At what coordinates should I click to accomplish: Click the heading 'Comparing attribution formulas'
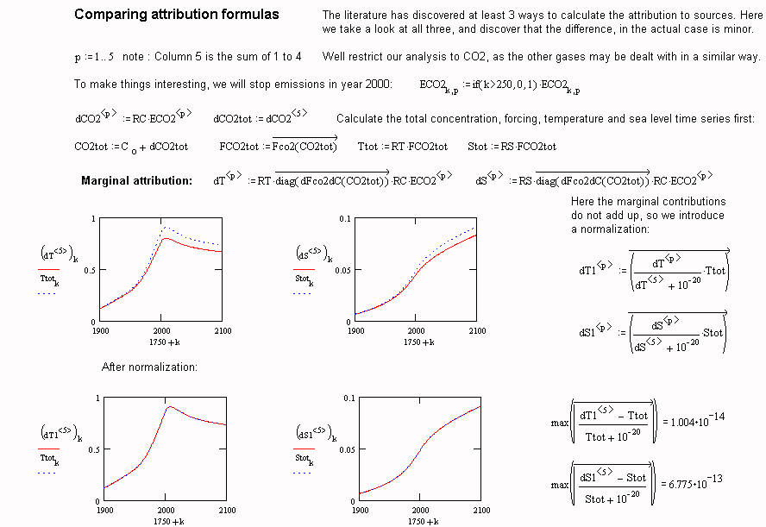(176, 15)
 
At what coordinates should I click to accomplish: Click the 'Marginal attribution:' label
(136, 181)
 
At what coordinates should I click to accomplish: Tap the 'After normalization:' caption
(150, 367)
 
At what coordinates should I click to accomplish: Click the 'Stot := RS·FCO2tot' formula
(512, 147)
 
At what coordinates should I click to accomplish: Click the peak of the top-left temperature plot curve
(165, 227)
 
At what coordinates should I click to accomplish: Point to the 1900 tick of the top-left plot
(100, 331)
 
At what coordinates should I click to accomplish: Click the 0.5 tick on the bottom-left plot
(93, 449)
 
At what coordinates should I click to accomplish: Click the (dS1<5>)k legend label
(311, 433)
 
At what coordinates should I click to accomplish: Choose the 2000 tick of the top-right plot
(417, 331)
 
